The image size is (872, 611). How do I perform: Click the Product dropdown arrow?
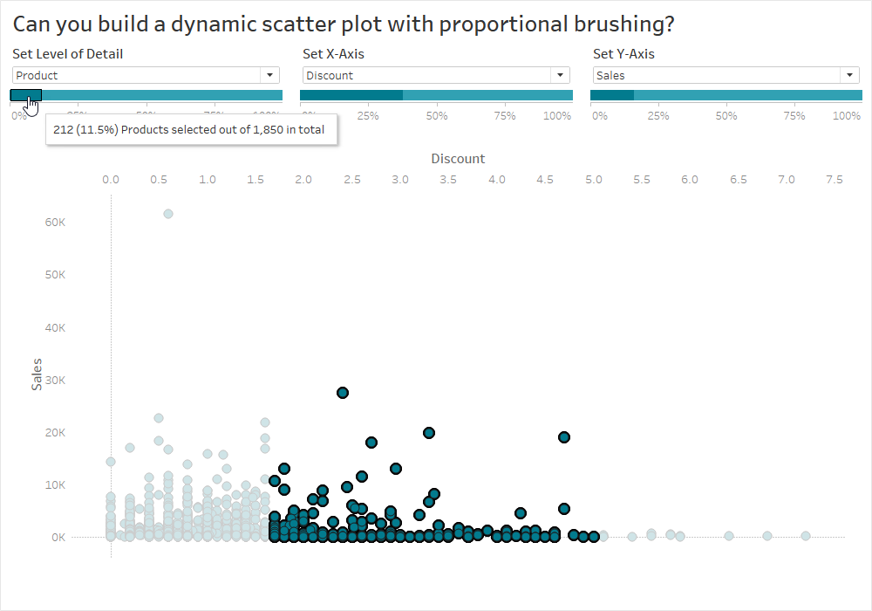269,76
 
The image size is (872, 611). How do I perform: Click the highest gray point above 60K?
168,214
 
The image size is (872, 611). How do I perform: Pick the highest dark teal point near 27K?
343,393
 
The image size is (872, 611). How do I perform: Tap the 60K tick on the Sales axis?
55,223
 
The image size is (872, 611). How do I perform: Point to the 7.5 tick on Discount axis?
835,179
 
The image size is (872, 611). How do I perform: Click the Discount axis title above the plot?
458,159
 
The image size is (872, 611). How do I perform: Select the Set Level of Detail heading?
67,54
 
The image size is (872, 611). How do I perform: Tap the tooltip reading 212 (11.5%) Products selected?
189,130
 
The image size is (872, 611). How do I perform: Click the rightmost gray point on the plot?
806,536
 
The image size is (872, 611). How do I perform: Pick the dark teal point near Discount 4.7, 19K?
564,437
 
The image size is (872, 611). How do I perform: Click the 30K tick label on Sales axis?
55,380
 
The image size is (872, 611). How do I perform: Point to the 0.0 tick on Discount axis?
111,179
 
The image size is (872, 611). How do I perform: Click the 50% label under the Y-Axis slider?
726,115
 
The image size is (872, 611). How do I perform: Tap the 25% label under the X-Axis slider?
368,115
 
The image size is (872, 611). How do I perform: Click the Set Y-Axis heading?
623,54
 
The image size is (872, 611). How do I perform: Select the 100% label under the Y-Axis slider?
846,115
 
